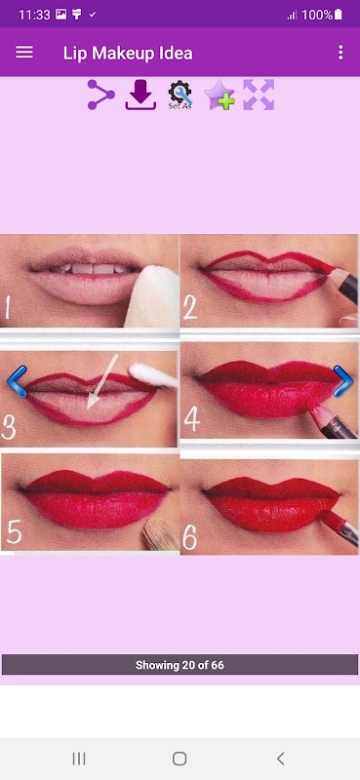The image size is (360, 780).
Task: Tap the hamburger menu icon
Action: (23, 53)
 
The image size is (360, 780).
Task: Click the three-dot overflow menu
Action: (340, 53)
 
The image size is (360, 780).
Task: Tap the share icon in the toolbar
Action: (101, 95)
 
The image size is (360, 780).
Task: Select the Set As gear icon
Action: (180, 95)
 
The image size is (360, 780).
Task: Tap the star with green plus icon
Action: (220, 95)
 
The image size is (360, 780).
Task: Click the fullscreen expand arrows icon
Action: (259, 95)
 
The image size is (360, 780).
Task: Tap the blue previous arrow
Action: (17, 381)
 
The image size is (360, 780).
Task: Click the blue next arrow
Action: (343, 381)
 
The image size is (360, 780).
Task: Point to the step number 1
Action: (7, 306)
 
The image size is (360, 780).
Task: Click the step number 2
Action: (189, 308)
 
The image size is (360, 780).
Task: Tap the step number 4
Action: (192, 420)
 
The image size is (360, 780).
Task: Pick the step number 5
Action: (14, 532)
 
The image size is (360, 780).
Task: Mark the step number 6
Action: (189, 537)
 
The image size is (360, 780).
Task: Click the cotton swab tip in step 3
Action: (140, 372)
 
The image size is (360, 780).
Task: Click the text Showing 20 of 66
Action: (180, 665)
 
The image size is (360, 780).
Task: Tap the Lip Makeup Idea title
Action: (128, 54)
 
